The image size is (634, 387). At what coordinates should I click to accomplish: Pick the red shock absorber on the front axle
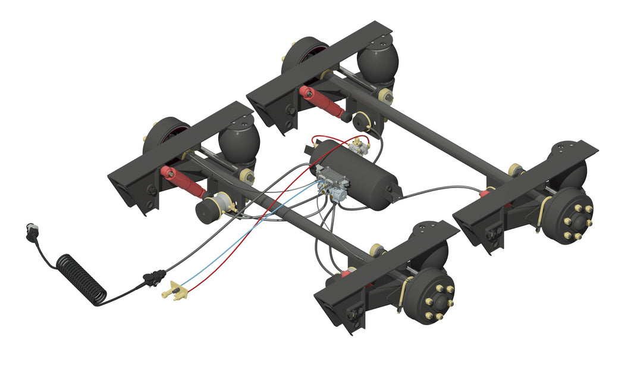[x=182, y=182]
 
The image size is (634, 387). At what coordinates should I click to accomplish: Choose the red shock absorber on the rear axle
[x=322, y=102]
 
